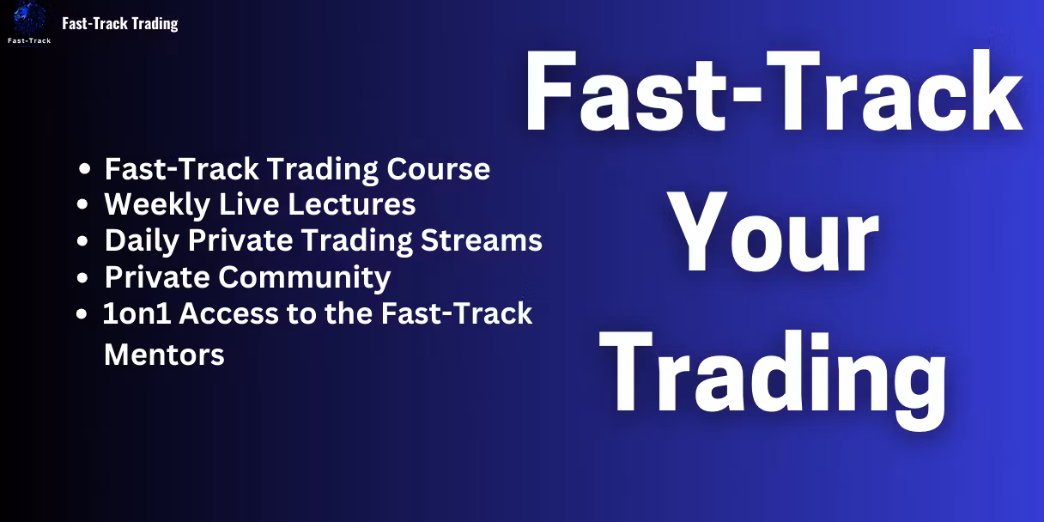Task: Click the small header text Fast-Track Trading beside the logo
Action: (120, 23)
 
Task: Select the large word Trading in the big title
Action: (773, 378)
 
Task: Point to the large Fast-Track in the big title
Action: (774, 90)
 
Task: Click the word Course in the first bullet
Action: (438, 169)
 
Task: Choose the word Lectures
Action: (351, 204)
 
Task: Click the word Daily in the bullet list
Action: (142, 241)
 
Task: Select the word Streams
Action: (482, 240)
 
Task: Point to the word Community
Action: (304, 278)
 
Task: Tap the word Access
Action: (228, 313)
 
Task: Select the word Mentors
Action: (164, 355)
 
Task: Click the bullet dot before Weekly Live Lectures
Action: (82, 204)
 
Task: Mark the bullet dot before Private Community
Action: (82, 278)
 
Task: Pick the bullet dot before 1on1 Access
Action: (82, 314)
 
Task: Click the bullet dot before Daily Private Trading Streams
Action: (82, 241)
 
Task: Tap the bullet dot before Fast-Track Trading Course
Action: (84, 169)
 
